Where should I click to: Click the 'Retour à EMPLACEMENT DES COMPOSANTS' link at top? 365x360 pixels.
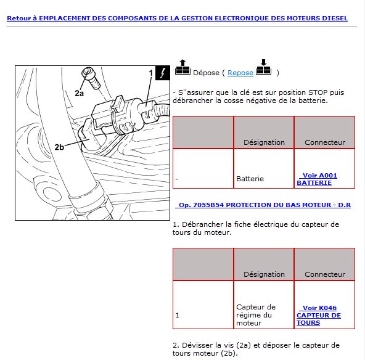[x=177, y=18]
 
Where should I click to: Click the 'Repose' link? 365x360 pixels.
[x=240, y=73]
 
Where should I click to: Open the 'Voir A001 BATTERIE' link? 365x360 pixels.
[x=317, y=179]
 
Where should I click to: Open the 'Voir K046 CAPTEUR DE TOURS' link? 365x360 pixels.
[x=318, y=315]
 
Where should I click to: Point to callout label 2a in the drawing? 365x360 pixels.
[x=79, y=93]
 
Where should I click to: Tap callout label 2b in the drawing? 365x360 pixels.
[x=59, y=147]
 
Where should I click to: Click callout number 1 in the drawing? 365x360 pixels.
[x=150, y=73]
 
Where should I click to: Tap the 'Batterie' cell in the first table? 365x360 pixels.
[x=250, y=179]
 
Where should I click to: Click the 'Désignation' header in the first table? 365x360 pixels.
[x=264, y=142]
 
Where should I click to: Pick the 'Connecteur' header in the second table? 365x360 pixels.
[x=324, y=274]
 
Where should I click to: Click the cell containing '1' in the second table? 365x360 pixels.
[x=178, y=315]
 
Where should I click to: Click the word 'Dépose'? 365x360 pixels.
[x=206, y=73]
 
